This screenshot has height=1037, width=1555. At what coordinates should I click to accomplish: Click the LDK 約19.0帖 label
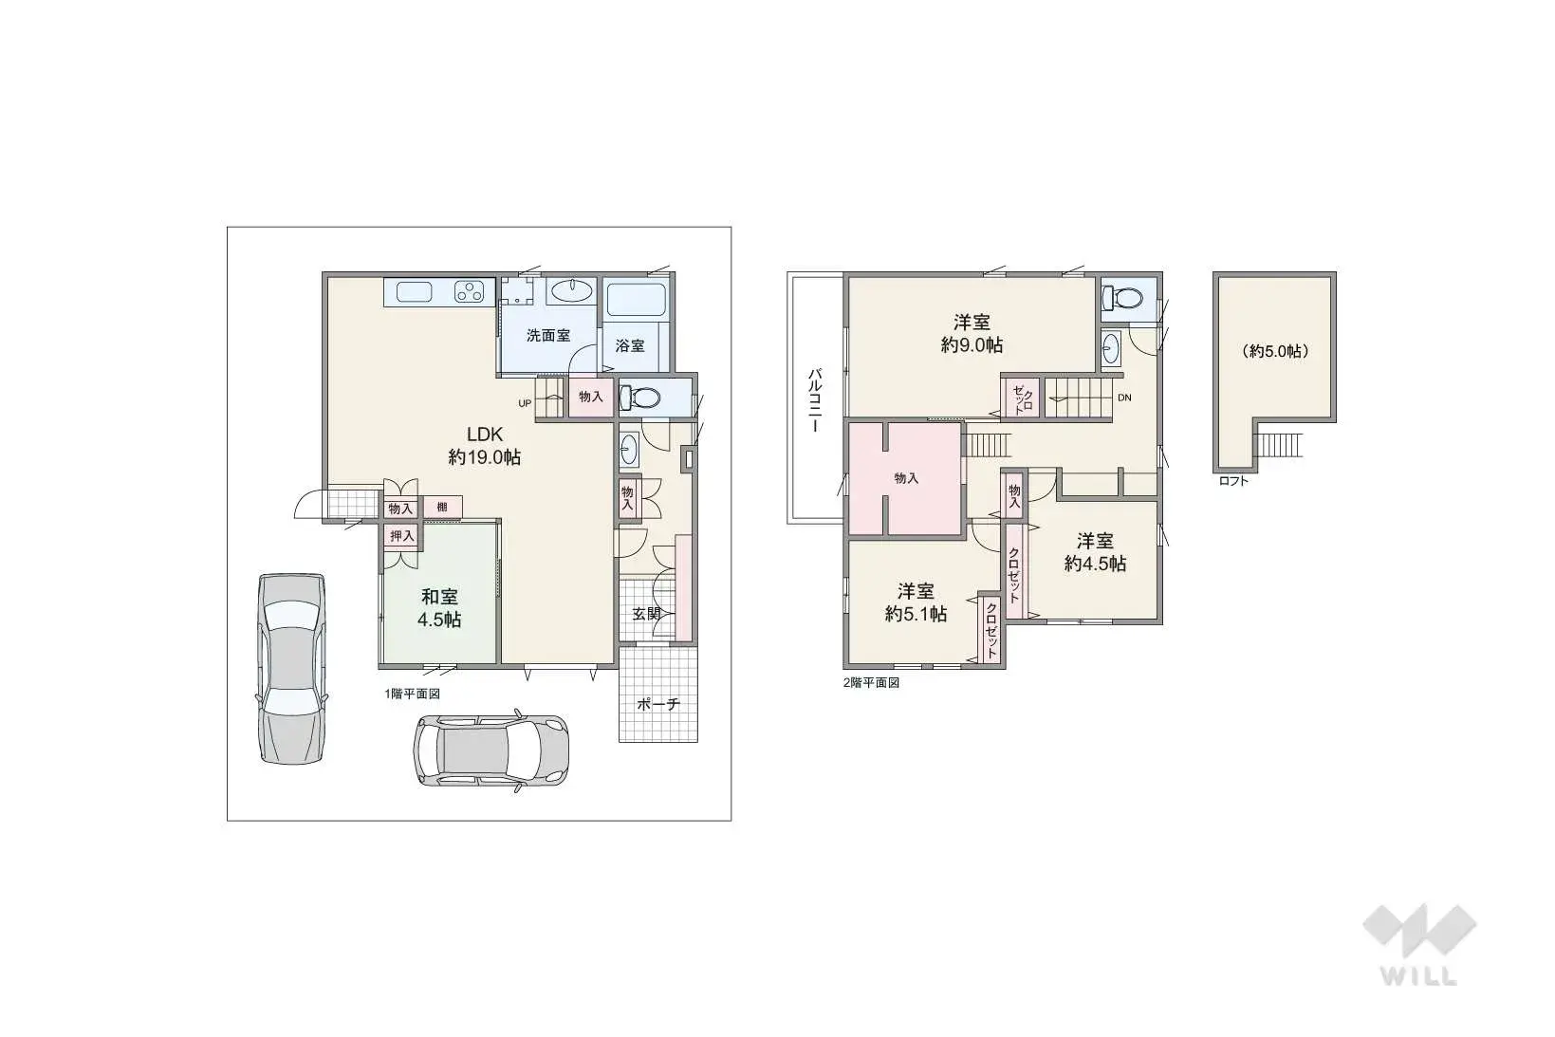click(x=485, y=446)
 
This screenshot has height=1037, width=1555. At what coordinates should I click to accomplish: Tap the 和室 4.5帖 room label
click(x=439, y=608)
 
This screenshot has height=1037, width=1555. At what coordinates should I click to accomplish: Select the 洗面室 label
click(x=547, y=336)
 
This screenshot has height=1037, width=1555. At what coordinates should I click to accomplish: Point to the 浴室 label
click(x=630, y=345)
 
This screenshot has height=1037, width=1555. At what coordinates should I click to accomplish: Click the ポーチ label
click(x=658, y=705)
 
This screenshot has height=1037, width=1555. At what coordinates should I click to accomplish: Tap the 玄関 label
click(x=646, y=614)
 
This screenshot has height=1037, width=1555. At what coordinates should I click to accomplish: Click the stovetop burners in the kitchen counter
click(x=470, y=291)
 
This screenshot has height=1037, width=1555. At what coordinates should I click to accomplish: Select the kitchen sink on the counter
click(x=415, y=292)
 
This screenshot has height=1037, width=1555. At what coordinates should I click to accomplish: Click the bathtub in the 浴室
click(x=637, y=299)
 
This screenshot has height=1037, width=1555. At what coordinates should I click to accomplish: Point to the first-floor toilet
click(x=639, y=398)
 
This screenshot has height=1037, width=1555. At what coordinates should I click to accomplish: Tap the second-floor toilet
click(x=1121, y=299)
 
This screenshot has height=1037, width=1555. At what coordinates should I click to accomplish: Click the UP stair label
click(x=525, y=403)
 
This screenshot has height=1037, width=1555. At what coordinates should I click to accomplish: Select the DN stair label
click(x=1124, y=398)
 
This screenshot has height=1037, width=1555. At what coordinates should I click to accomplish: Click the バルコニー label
click(x=815, y=401)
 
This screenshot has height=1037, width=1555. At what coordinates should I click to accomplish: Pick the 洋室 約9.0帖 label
click(x=972, y=334)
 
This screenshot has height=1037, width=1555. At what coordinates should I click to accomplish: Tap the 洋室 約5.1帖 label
click(x=916, y=602)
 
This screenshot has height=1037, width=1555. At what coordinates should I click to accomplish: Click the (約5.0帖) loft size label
click(x=1275, y=351)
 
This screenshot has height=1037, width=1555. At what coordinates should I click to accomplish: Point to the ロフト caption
click(x=1233, y=481)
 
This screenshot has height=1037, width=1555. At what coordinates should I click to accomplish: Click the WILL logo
click(x=1419, y=944)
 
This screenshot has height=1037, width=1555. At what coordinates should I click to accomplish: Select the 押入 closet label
click(x=402, y=536)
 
